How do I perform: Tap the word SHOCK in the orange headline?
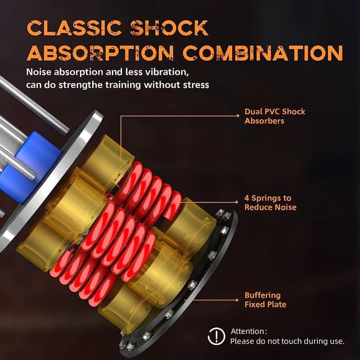[169, 28]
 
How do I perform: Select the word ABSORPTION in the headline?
[100, 53]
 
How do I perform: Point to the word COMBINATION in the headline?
[263, 53]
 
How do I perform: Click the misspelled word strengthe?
[81, 85]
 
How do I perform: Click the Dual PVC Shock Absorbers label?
[275, 116]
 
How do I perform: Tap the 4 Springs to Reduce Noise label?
[271, 202]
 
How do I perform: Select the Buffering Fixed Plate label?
[265, 300]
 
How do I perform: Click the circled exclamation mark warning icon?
[216, 336]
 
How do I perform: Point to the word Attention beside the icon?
[247, 331]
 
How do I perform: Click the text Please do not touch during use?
[287, 341]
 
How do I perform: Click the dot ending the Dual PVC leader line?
[238, 116]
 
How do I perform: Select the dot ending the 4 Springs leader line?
[237, 202]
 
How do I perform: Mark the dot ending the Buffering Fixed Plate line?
[237, 300]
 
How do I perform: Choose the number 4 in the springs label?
[247, 198]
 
